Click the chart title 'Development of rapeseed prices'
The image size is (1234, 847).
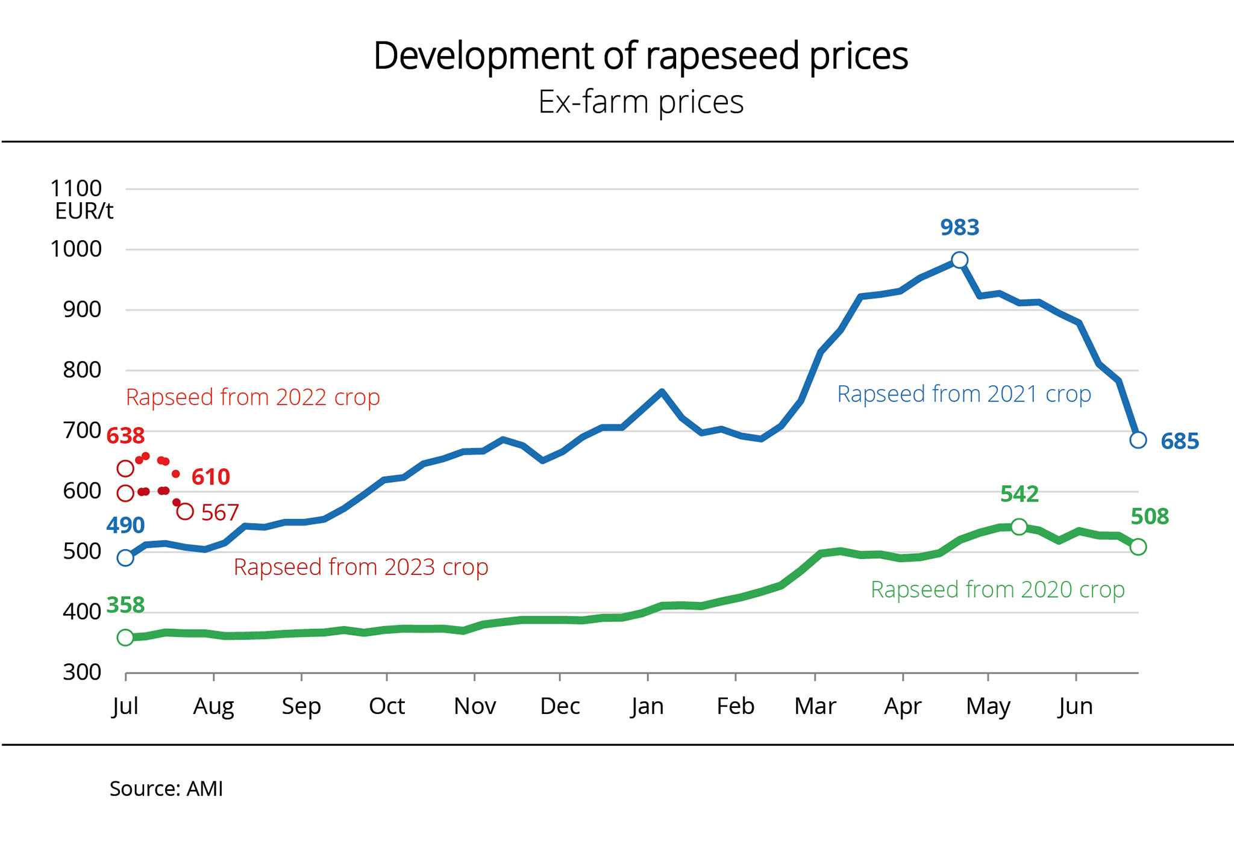640,56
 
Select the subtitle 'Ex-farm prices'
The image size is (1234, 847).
640,102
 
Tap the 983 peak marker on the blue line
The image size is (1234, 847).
960,260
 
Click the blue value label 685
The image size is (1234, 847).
1180,441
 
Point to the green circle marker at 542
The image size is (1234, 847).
1019,527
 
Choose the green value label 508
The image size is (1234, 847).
1150,517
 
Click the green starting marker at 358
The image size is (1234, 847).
125,638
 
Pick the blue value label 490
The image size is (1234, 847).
125,526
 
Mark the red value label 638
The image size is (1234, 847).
125,436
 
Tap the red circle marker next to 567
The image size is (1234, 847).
185,512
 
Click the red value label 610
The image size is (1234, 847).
211,477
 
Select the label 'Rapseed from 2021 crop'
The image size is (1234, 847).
964,394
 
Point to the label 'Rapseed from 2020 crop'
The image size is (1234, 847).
998,589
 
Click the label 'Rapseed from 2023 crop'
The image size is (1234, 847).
361,567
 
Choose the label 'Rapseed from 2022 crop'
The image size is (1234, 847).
253,397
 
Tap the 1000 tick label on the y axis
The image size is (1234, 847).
76,249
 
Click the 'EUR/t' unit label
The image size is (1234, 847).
84,211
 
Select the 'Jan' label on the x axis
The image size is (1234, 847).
648,706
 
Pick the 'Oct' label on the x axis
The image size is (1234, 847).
387,706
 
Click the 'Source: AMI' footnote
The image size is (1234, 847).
166,789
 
